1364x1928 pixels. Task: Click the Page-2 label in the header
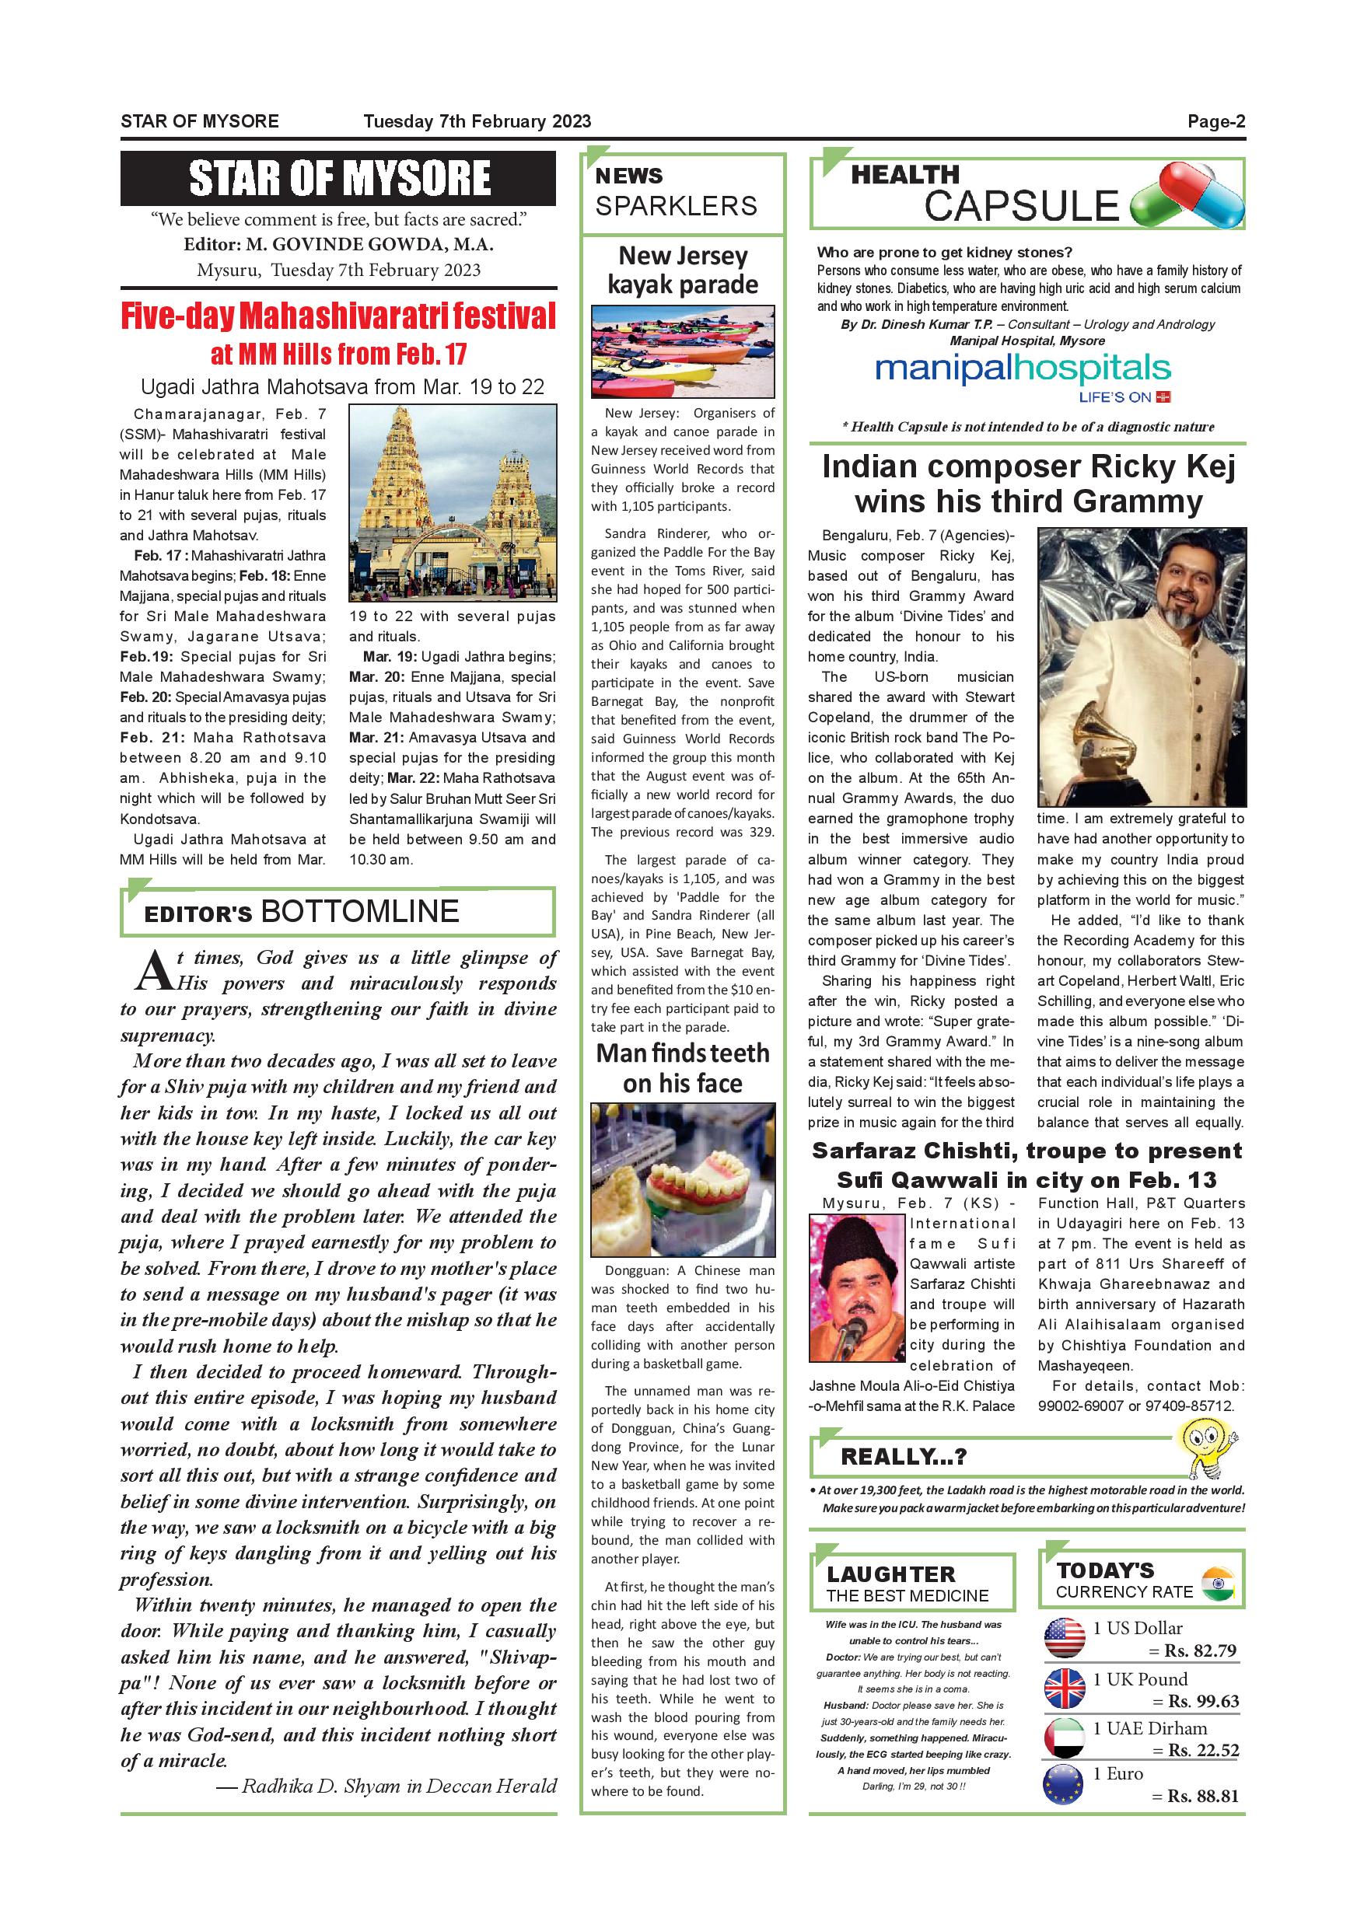pos(1215,122)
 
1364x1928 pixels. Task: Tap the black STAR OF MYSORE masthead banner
pos(338,178)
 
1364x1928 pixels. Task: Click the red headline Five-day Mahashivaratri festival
pos(338,316)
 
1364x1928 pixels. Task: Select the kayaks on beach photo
pos(682,351)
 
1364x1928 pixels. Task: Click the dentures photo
pos(682,1180)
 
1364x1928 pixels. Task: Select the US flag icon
pos(1063,1638)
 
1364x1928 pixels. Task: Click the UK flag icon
pos(1063,1689)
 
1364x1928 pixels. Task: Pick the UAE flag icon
pos(1063,1738)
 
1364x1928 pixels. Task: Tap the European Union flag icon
pos(1063,1785)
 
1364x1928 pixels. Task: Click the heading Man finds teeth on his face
pos(682,1068)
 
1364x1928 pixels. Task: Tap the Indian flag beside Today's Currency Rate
pos(1217,1583)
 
